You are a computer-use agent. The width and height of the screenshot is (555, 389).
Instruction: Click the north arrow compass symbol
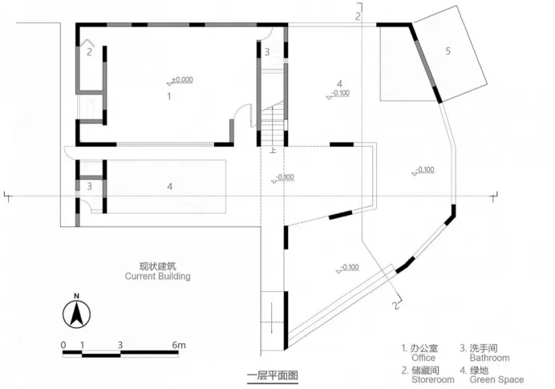(76, 313)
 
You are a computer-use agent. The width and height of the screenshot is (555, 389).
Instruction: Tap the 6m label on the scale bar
(179, 345)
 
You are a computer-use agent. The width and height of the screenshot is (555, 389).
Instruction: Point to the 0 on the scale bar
(63, 345)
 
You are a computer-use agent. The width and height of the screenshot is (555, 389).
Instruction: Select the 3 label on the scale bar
(120, 345)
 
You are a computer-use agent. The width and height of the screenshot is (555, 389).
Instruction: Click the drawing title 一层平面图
(272, 375)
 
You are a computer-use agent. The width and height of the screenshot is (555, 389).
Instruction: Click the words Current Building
(158, 277)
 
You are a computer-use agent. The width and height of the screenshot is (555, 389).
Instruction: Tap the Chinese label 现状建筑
(158, 265)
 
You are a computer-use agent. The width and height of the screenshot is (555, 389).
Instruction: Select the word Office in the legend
(423, 359)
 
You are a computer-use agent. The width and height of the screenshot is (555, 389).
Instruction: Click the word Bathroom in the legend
(490, 359)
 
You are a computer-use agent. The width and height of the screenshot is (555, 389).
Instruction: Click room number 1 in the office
(168, 95)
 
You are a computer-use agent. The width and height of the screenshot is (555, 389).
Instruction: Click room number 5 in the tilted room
(448, 51)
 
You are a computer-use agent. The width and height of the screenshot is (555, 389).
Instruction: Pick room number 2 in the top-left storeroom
(90, 52)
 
